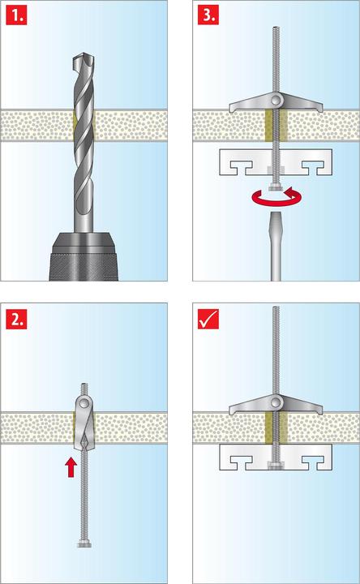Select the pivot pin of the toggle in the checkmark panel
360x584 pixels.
coord(276,403)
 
